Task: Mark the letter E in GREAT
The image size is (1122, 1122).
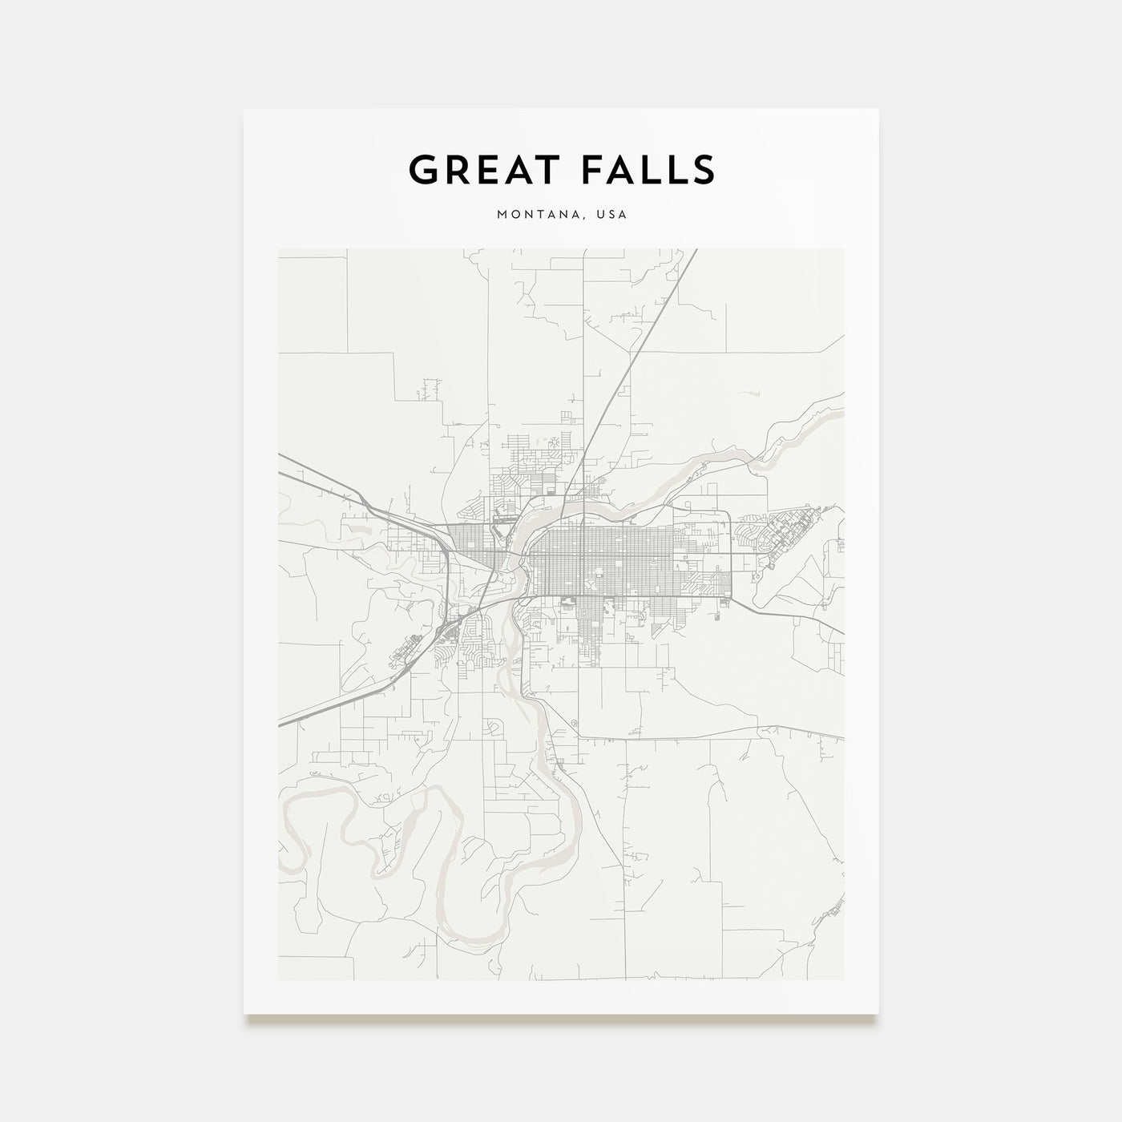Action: click(481, 170)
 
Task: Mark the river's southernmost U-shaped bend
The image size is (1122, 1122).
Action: click(465, 934)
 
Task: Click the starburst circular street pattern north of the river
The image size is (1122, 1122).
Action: click(553, 441)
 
